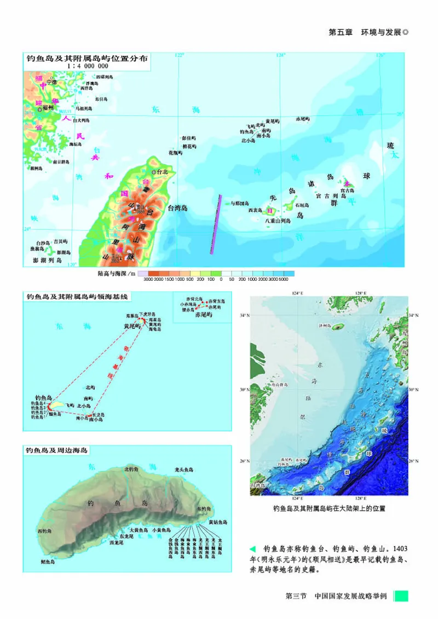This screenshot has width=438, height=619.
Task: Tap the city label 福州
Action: pos(48,109)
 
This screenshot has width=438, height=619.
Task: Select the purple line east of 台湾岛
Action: pos(215,224)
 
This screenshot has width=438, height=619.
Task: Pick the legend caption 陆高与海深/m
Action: pos(116,273)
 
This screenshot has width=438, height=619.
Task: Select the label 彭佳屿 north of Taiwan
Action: pos(189,138)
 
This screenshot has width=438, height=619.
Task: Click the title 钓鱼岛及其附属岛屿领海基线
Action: pos(77,296)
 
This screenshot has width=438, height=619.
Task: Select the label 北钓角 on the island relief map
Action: pos(131,469)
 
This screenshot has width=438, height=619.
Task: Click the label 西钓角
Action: pos(44,531)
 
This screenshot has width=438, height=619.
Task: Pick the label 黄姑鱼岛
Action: pos(217,522)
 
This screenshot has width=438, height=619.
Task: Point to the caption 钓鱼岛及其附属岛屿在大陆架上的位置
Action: pos(329,508)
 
